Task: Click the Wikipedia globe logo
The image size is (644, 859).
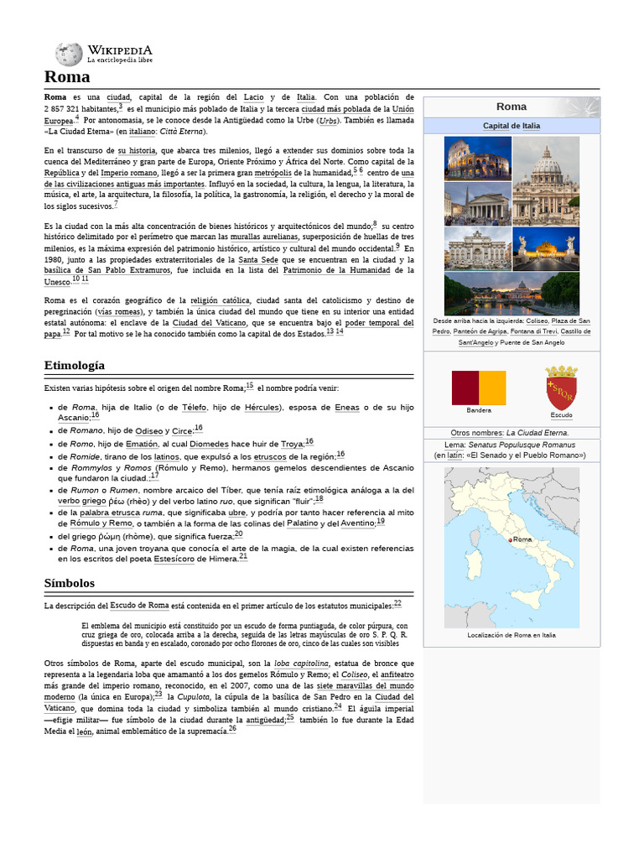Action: [69, 55]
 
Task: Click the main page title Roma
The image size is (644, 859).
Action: [67, 77]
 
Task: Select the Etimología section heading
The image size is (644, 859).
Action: [75, 366]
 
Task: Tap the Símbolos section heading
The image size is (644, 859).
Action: [70, 583]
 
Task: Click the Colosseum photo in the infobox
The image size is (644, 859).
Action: [477, 159]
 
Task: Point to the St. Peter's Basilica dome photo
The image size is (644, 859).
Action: [545, 180]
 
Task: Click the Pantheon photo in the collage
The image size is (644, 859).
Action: [477, 204]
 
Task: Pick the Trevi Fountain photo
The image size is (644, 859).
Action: [477, 248]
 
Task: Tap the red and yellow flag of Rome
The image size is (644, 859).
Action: [479, 388]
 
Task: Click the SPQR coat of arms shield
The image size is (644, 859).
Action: [561, 388]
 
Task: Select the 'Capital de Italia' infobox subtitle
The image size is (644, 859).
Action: [512, 126]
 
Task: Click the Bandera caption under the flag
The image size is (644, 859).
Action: [479, 410]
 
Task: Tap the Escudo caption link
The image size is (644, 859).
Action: [561, 415]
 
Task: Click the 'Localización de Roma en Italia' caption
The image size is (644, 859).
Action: [512, 635]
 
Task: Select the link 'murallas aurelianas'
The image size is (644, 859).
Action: [264, 237]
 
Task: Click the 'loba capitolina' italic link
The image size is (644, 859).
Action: [301, 663]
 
